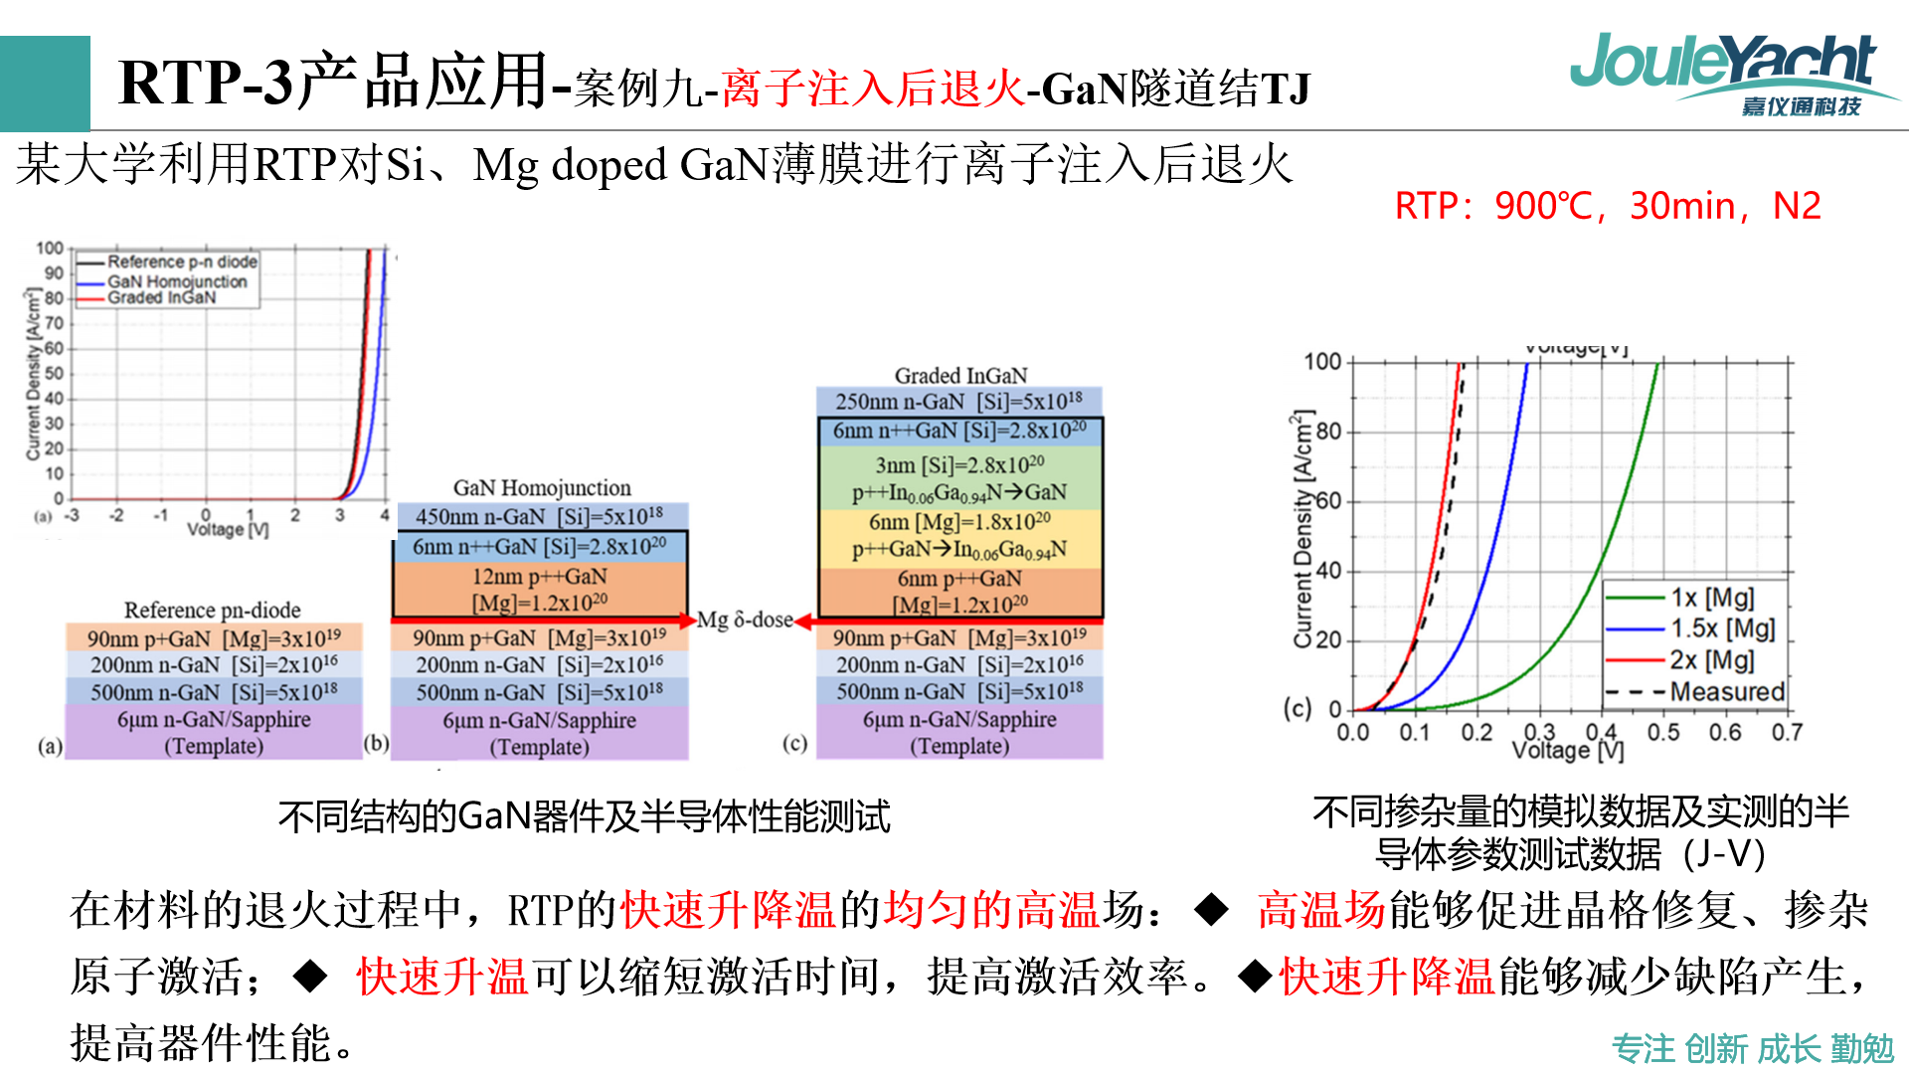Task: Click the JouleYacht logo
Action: pos(1730,72)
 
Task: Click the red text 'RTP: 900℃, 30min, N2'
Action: pos(1607,206)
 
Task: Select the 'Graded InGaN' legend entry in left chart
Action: pos(161,297)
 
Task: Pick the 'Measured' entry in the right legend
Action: pos(1726,691)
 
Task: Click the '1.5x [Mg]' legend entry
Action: pos(1722,628)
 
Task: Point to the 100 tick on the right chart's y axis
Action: pos(1322,362)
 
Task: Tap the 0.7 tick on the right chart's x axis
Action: pos(1787,733)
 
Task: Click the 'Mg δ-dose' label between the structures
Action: pos(744,621)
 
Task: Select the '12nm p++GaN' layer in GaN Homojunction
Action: pos(540,589)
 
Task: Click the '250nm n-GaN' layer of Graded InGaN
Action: pos(958,402)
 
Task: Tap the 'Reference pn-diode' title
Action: pos(212,610)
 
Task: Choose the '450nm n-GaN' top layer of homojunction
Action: pos(540,517)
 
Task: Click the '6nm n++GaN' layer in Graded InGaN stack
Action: pos(958,431)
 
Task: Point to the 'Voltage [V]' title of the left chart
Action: pos(228,530)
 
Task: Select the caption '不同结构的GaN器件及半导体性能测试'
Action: pos(584,816)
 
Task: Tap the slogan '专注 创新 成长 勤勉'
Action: pos(1752,1048)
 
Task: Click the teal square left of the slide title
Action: pos(45,84)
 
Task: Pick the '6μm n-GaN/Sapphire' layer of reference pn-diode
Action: pos(213,732)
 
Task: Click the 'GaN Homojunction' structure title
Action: pos(542,488)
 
